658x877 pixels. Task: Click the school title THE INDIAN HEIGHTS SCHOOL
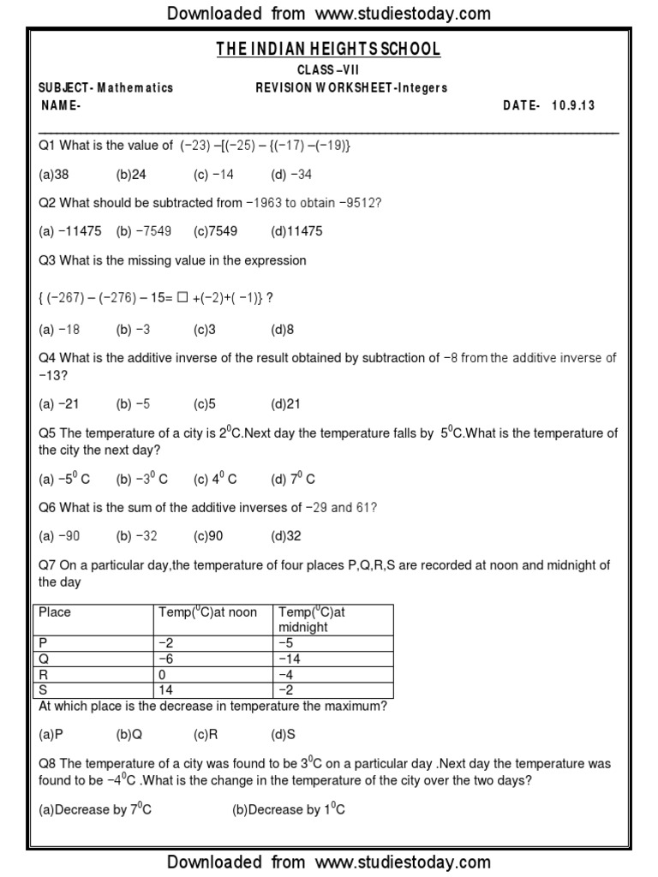328,50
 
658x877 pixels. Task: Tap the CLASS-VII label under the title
328,70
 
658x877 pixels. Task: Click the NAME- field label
62,105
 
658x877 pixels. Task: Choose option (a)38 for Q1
54,175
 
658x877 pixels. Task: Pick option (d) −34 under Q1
291,175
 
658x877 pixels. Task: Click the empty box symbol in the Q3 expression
182,297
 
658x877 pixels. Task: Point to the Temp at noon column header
207,612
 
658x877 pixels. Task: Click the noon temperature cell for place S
166,689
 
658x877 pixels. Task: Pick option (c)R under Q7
206,735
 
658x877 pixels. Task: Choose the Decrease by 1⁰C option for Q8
289,809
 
